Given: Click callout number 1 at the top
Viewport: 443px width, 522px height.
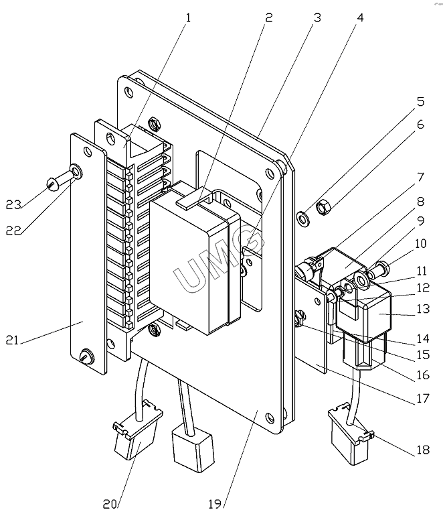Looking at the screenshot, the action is (x=188, y=17).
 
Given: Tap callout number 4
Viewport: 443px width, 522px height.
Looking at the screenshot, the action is (x=360, y=17).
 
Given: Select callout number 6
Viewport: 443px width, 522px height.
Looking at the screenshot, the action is (x=420, y=125).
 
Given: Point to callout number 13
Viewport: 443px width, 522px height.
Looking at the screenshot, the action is (x=423, y=309).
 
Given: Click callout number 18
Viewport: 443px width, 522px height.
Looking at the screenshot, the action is (x=423, y=450).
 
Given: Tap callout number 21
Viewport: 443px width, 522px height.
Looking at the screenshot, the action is (x=12, y=340).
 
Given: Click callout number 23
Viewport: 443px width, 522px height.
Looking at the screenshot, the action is (x=13, y=204).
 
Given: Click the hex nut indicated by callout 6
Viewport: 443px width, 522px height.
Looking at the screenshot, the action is (x=324, y=208).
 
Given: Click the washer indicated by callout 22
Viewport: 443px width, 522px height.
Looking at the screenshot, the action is (x=76, y=172).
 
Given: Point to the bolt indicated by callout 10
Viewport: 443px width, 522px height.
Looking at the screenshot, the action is (x=379, y=270).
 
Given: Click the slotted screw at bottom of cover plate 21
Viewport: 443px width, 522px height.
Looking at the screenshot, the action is (x=87, y=356).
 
